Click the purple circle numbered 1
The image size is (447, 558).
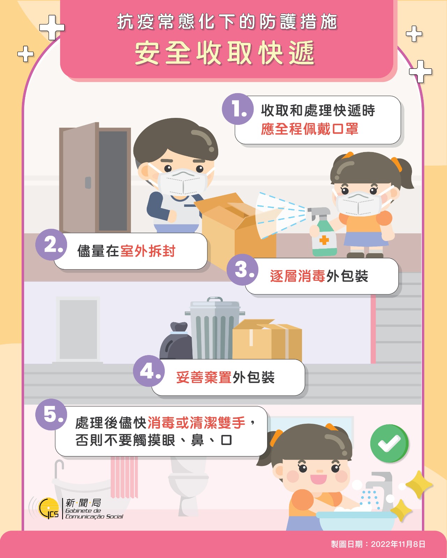pos(238,109)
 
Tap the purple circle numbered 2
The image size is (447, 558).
pos(51,244)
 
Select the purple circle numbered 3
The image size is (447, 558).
pos(243,270)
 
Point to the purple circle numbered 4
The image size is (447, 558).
pos(149,371)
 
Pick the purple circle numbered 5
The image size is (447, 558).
pos(51,414)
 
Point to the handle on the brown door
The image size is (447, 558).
pos(88,182)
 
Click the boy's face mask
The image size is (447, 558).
pos(183,181)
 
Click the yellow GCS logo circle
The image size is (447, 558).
pos(49,508)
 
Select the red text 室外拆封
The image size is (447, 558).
pos(147,251)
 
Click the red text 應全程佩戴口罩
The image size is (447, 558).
pos(309,129)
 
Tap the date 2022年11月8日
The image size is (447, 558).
pos(398,544)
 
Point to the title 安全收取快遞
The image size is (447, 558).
pos(225,53)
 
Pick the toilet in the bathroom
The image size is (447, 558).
pos(188,486)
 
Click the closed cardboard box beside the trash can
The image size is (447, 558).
pos(267,339)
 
